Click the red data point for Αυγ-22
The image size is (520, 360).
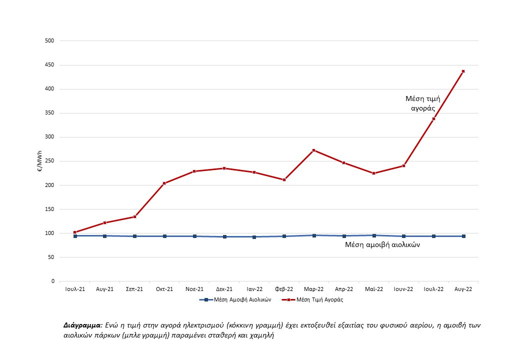[463, 71]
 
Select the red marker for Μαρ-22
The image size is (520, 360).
[314, 150]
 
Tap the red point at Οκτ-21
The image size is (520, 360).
[164, 183]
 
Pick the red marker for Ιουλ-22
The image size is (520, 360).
[433, 118]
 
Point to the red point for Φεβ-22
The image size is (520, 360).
[284, 179]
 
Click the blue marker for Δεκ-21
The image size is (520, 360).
[224, 236]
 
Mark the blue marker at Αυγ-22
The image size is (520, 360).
[463, 236]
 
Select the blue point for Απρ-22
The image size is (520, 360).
[344, 236]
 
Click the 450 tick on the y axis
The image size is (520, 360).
[49, 65]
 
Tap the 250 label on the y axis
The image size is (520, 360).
[49, 161]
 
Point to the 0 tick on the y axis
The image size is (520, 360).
[52, 281]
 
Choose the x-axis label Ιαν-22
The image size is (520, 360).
[254, 289]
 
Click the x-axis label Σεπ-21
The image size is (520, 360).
[134, 289]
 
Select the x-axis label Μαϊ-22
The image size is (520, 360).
[373, 289]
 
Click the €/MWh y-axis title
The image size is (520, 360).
[38, 161]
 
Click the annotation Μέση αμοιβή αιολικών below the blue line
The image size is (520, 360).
[382, 244]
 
